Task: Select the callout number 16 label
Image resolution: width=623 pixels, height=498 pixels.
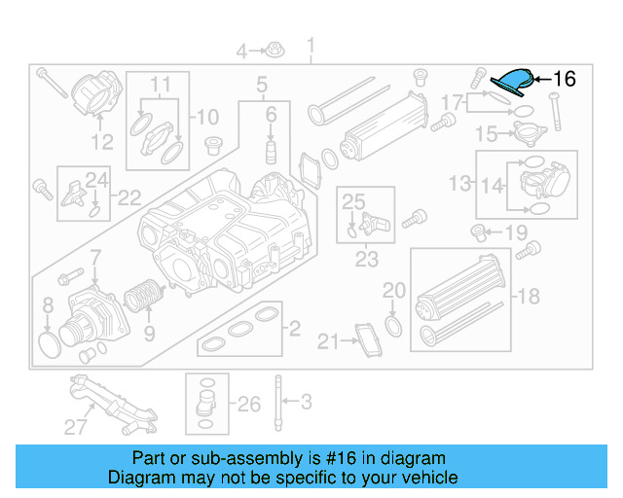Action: tap(566, 79)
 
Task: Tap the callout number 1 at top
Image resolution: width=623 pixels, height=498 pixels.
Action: tap(311, 46)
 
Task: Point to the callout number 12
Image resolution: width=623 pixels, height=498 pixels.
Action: tap(102, 143)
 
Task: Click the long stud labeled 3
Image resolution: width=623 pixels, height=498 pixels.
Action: tap(278, 400)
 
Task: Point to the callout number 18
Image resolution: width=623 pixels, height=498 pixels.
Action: tap(528, 296)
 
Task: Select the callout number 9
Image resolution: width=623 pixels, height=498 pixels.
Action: tap(148, 334)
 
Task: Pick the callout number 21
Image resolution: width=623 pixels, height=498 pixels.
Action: tap(327, 340)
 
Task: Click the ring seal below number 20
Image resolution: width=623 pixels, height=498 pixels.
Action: tap(393, 325)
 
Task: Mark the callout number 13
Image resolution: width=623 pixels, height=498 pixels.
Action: tap(459, 183)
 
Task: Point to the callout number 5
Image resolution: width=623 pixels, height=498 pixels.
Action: tap(262, 87)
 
